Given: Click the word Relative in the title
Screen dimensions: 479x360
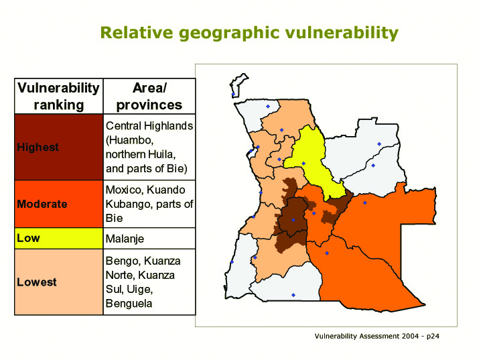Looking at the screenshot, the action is click(137, 32).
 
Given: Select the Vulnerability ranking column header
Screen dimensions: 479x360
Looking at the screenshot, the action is click(59, 97).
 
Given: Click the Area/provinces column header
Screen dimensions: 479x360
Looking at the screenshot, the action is click(149, 97).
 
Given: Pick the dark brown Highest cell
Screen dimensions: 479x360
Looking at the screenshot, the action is click(59, 147).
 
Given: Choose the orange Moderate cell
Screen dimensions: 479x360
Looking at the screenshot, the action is click(59, 204).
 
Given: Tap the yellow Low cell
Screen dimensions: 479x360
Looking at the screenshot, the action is click(59, 238).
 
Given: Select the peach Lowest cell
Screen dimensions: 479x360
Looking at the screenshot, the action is click(59, 282).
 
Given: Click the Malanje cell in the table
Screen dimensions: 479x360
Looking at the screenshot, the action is click(149, 239).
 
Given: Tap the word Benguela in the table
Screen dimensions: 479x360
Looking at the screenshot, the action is click(129, 304).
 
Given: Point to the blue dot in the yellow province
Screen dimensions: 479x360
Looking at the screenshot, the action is click(303, 164).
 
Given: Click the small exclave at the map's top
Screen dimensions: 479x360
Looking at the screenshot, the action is click(238, 86).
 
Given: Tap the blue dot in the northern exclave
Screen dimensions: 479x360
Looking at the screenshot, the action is click(233, 95).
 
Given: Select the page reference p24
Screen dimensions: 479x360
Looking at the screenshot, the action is click(433, 337).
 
